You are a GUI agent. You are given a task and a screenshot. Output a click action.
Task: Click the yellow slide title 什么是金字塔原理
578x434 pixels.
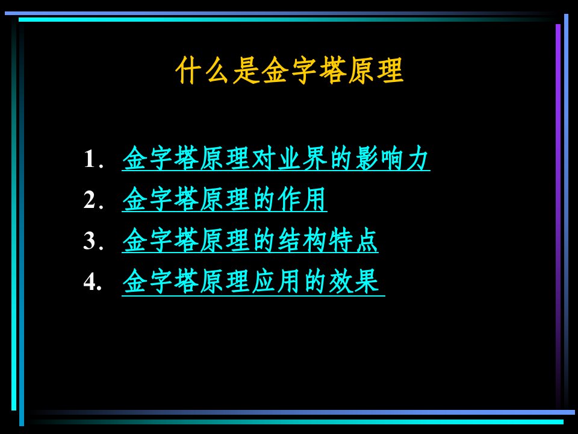tap(290, 70)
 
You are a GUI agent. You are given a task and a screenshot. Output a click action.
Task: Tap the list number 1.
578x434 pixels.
tap(93, 159)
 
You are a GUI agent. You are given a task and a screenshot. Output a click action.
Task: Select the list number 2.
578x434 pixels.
tap(93, 200)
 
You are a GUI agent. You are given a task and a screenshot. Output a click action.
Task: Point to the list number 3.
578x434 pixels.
tap(93, 241)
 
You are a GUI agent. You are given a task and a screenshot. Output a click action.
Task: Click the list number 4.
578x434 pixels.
tap(93, 281)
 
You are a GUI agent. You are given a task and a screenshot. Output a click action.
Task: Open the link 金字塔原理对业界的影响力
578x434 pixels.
tap(276, 159)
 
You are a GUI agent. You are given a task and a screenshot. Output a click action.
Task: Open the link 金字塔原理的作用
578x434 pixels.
tap(225, 200)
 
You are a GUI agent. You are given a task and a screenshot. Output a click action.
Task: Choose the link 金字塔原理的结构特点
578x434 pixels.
tap(250, 241)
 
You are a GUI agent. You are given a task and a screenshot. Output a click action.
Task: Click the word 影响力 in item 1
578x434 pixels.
tap(391, 159)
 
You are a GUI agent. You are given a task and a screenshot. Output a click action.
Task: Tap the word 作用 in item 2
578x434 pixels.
tap(302, 200)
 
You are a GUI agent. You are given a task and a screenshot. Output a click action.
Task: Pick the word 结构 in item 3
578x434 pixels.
tap(302, 241)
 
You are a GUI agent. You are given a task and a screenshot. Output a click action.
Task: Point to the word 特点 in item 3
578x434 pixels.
tap(353, 241)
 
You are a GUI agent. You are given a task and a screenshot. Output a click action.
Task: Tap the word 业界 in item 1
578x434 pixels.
tap(302, 159)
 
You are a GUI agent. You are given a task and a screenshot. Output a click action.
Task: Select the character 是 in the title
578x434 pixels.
tap(246, 70)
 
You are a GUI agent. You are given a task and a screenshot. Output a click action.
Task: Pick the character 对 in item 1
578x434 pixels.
tap(264, 159)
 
